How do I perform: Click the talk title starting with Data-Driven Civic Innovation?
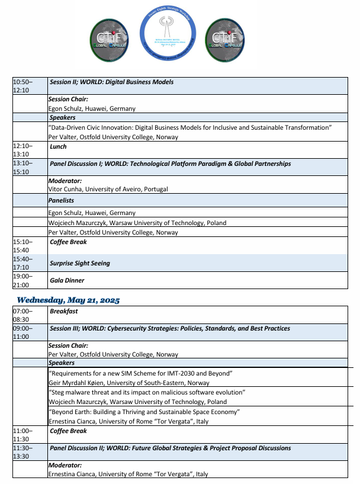coord(189,128)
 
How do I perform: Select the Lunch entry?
coord(58,146)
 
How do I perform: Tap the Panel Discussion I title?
coord(171,164)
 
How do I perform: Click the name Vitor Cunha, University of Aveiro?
coord(108,189)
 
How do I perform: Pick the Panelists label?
coord(61,201)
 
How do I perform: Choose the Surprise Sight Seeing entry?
coord(80,263)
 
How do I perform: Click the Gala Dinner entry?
coord(67,280)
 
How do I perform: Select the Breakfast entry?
coord(63,311)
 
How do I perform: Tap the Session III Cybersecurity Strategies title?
coord(170,328)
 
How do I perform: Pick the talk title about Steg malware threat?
coord(147,392)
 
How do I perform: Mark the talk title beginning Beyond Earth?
coord(144,412)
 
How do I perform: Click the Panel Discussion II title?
coord(171,448)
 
